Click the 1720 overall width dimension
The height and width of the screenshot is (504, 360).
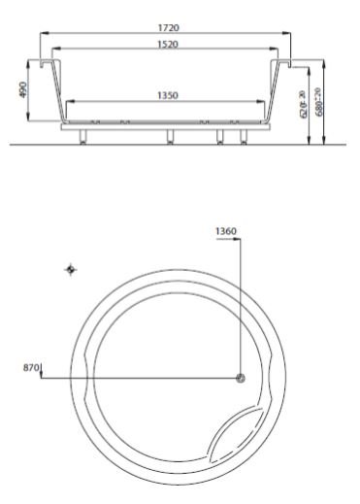pyautogui.click(x=166, y=28)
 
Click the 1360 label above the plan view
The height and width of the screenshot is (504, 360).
pyautogui.click(x=226, y=231)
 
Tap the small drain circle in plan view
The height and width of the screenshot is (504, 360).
pyautogui.click(x=241, y=378)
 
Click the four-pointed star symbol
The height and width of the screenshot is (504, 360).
pyautogui.click(x=67, y=268)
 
